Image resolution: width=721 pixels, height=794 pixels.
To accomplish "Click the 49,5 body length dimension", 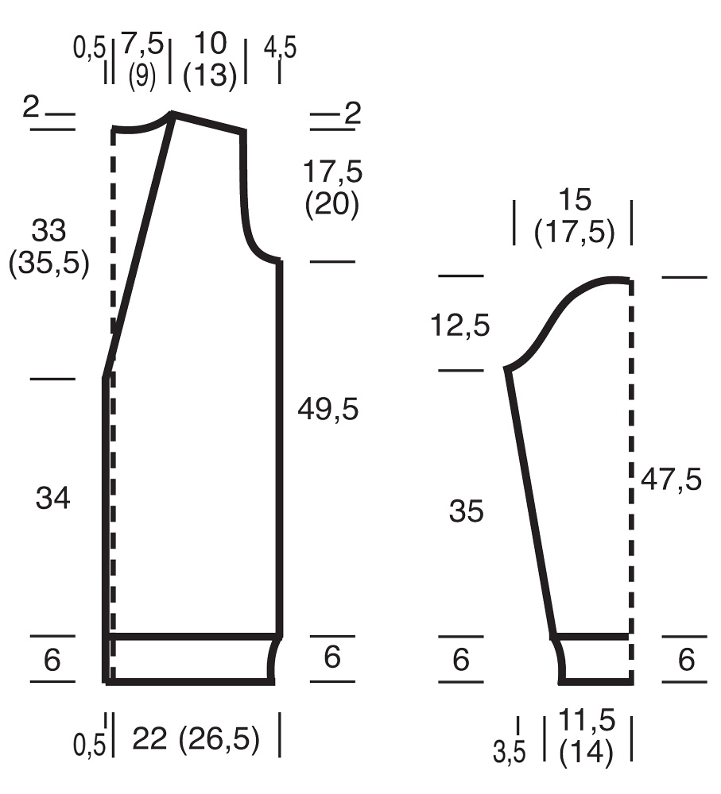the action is [x=328, y=409].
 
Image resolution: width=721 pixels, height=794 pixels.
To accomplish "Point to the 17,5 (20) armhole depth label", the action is [x=332, y=188].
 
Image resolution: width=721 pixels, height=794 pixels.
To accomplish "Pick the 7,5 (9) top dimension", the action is [x=142, y=60].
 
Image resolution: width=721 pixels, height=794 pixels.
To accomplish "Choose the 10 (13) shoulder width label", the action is [x=210, y=60].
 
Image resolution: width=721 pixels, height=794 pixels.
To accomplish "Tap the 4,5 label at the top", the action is [x=280, y=48].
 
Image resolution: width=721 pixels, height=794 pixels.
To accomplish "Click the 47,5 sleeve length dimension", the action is [x=671, y=479].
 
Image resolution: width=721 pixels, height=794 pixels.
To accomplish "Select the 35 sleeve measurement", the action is [x=466, y=511].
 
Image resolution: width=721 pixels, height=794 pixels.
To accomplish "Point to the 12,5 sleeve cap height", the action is [x=460, y=325].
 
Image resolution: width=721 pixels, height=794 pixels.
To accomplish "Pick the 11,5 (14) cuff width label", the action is [x=587, y=738].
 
